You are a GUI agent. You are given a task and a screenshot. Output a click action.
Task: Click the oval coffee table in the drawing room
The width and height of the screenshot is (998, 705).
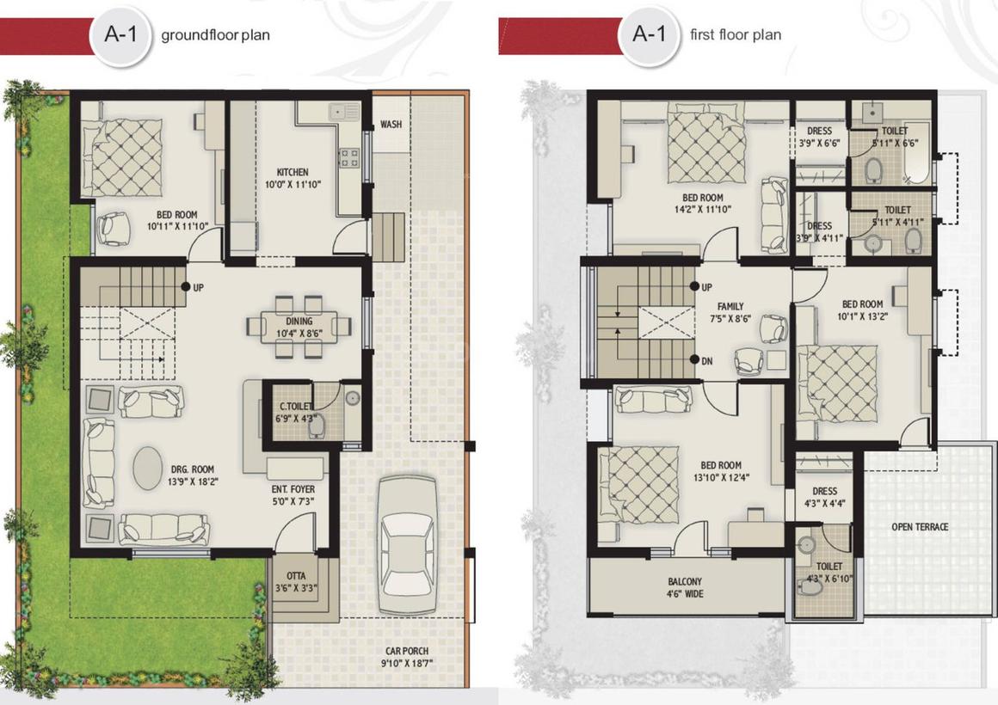pyautogui.click(x=148, y=467)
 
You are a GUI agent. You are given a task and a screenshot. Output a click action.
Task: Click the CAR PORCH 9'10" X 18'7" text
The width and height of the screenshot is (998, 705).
pyautogui.click(x=407, y=657)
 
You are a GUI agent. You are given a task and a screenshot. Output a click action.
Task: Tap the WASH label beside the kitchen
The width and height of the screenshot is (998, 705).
pyautogui.click(x=391, y=124)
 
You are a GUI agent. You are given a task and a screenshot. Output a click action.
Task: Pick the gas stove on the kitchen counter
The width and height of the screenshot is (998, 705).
pyautogui.click(x=350, y=157)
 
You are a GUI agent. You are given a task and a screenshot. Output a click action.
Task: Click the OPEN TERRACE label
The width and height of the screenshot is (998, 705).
pyautogui.click(x=920, y=526)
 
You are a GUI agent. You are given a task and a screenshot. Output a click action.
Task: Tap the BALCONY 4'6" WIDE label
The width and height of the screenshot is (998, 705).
pyautogui.click(x=685, y=587)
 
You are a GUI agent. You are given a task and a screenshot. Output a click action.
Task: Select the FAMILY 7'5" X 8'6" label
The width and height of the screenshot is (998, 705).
pyautogui.click(x=730, y=311)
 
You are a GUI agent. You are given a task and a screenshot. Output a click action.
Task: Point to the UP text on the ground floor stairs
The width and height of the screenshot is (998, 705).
pyautogui.click(x=198, y=288)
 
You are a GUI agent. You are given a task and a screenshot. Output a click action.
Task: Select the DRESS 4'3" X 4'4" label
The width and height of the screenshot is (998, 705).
pyautogui.click(x=823, y=497)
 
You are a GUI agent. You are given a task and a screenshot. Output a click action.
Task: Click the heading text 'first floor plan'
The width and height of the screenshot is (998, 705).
pyautogui.click(x=736, y=35)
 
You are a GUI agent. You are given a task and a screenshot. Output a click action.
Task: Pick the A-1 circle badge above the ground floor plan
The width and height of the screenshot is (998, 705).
pyautogui.click(x=122, y=35)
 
